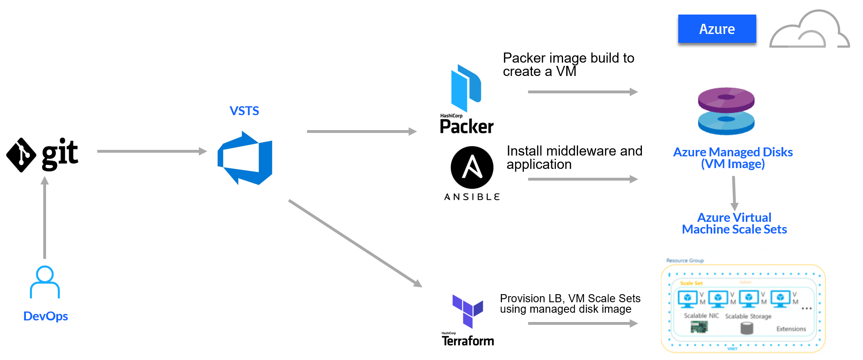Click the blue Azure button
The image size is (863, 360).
tap(717, 29)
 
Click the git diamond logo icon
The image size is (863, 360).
tap(21, 155)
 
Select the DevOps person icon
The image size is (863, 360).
tap(45, 282)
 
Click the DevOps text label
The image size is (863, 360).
tap(45, 316)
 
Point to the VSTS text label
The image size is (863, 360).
tap(244, 111)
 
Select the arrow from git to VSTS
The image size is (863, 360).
tap(152, 152)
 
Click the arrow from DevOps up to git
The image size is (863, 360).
tap(45, 218)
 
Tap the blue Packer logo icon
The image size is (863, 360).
tap(466, 88)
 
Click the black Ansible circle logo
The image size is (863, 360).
tap(472, 167)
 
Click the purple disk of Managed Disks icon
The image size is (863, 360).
tap(726, 99)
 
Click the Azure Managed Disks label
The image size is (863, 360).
tap(732, 158)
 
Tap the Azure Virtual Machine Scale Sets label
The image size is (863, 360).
tap(734, 223)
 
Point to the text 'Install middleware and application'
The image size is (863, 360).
tap(574, 158)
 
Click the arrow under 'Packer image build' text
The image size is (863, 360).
tap(582, 92)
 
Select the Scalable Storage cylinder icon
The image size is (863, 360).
tap(747, 328)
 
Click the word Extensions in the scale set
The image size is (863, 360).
tap(791, 329)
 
